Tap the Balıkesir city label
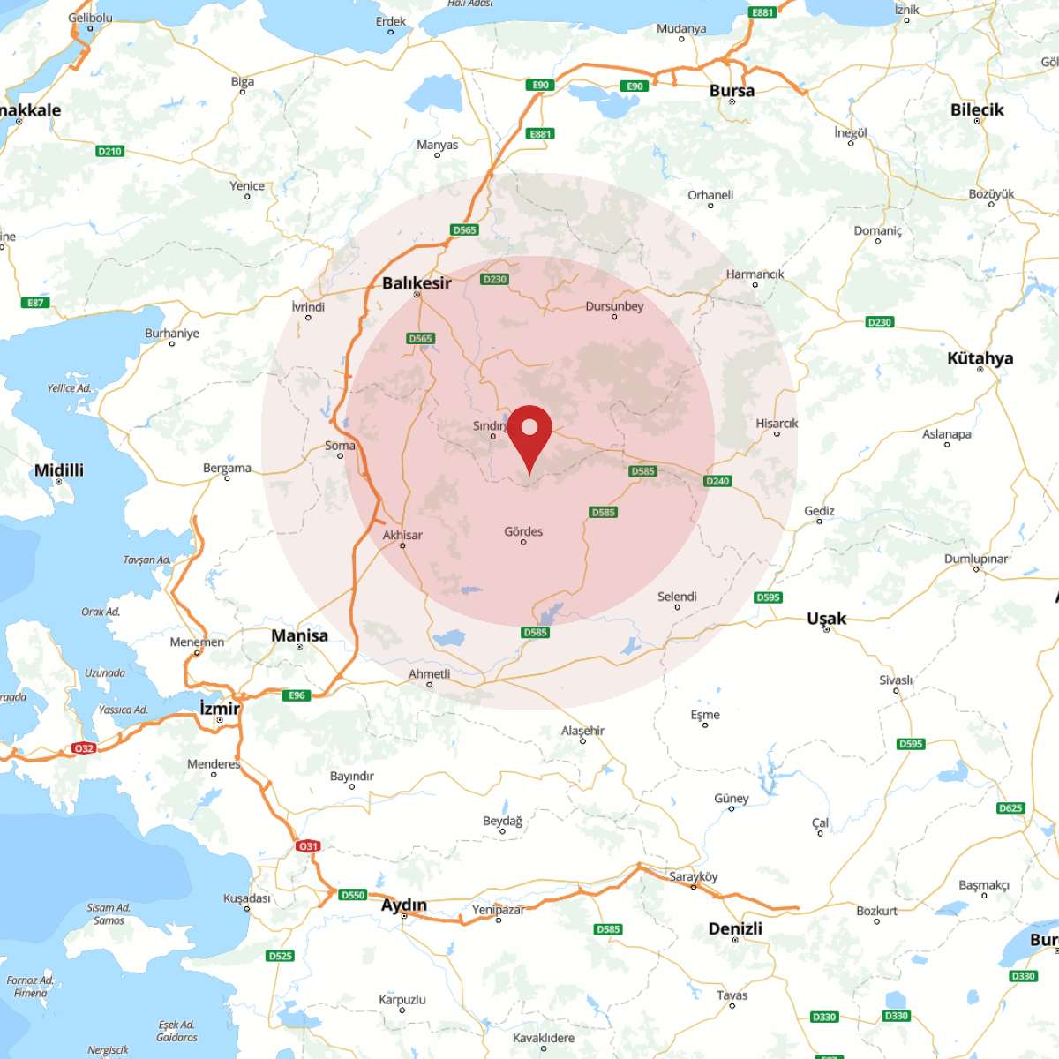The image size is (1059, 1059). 417,283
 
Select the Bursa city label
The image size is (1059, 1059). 732,91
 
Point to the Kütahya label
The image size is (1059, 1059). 980,358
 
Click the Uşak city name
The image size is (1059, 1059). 826,619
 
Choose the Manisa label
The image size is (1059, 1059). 299,635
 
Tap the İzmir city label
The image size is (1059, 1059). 220,709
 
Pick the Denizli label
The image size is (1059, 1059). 735,928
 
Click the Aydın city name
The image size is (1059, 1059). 403,905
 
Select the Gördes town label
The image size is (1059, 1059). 523,531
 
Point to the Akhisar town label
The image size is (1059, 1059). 402,535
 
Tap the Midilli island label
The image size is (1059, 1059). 59,470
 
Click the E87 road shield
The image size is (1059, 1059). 35,303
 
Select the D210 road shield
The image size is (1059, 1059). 109,151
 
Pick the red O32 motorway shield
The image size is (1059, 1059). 83,748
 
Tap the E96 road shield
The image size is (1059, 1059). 297,695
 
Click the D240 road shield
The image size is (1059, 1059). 717,481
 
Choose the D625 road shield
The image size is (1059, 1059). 1010,807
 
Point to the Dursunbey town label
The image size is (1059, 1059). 614,306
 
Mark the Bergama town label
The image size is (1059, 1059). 227,468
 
